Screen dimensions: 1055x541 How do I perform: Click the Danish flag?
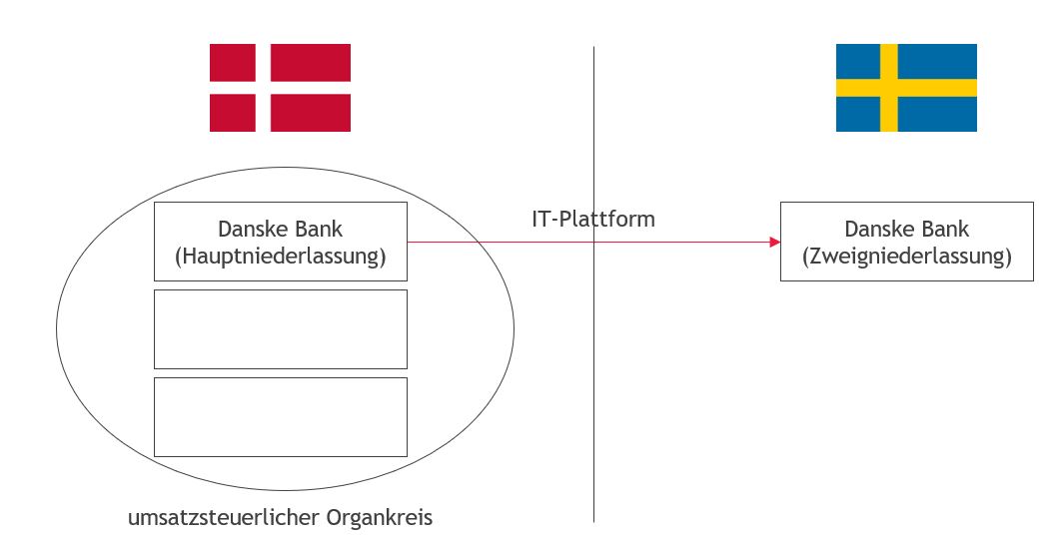click(x=280, y=88)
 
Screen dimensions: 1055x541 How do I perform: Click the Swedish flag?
click(x=906, y=88)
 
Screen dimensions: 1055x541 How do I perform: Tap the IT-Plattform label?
click(x=593, y=219)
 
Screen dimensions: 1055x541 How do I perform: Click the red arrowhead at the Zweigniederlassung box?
click(x=775, y=242)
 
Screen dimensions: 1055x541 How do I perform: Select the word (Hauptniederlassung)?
click(x=281, y=257)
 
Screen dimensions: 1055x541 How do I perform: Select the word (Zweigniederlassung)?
click(x=907, y=257)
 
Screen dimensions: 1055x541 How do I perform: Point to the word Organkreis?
click(x=380, y=518)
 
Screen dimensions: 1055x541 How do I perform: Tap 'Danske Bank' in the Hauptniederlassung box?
click(x=281, y=230)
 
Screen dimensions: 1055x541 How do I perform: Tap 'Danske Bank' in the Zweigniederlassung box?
click(x=907, y=230)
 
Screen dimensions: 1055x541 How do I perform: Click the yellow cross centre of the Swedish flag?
click(x=889, y=88)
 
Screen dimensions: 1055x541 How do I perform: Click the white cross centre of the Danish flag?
click(x=263, y=88)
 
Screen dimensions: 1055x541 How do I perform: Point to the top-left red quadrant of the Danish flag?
click(x=233, y=63)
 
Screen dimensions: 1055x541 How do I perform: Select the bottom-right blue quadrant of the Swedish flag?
click(x=937, y=114)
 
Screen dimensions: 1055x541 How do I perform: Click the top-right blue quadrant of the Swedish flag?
click(x=937, y=62)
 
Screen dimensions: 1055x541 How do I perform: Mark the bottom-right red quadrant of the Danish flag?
click(x=311, y=113)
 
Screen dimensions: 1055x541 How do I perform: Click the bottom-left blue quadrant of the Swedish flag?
click(x=858, y=114)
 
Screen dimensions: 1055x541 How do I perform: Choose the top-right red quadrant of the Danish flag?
click(x=311, y=63)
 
